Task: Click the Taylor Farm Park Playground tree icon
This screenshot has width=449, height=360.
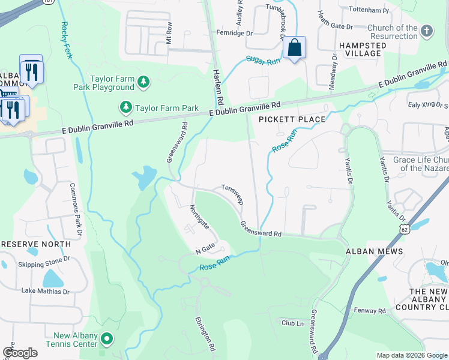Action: pyautogui.click(x=143, y=82)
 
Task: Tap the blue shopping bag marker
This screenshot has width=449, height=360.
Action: pyautogui.click(x=294, y=48)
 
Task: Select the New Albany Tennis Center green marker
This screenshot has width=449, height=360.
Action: pyautogui.click(x=107, y=339)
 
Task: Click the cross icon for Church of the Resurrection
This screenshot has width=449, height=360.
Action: pyautogui.click(x=427, y=31)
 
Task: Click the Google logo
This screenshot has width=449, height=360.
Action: pyautogui.click(x=20, y=353)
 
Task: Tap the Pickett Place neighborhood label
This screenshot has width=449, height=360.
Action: pyautogui.click(x=292, y=119)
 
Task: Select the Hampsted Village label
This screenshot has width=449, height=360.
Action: pyautogui.click(x=362, y=49)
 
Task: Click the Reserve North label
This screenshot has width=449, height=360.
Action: pyautogui.click(x=35, y=245)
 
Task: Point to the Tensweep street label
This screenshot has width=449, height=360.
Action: pyautogui.click(x=232, y=194)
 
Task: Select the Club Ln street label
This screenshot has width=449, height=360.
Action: pyautogui.click(x=293, y=323)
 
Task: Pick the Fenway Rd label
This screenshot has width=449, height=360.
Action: pyautogui.click(x=370, y=311)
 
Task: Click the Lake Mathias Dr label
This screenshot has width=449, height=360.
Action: pyautogui.click(x=46, y=292)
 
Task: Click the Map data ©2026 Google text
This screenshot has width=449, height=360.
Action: pyautogui.click(x=411, y=355)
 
